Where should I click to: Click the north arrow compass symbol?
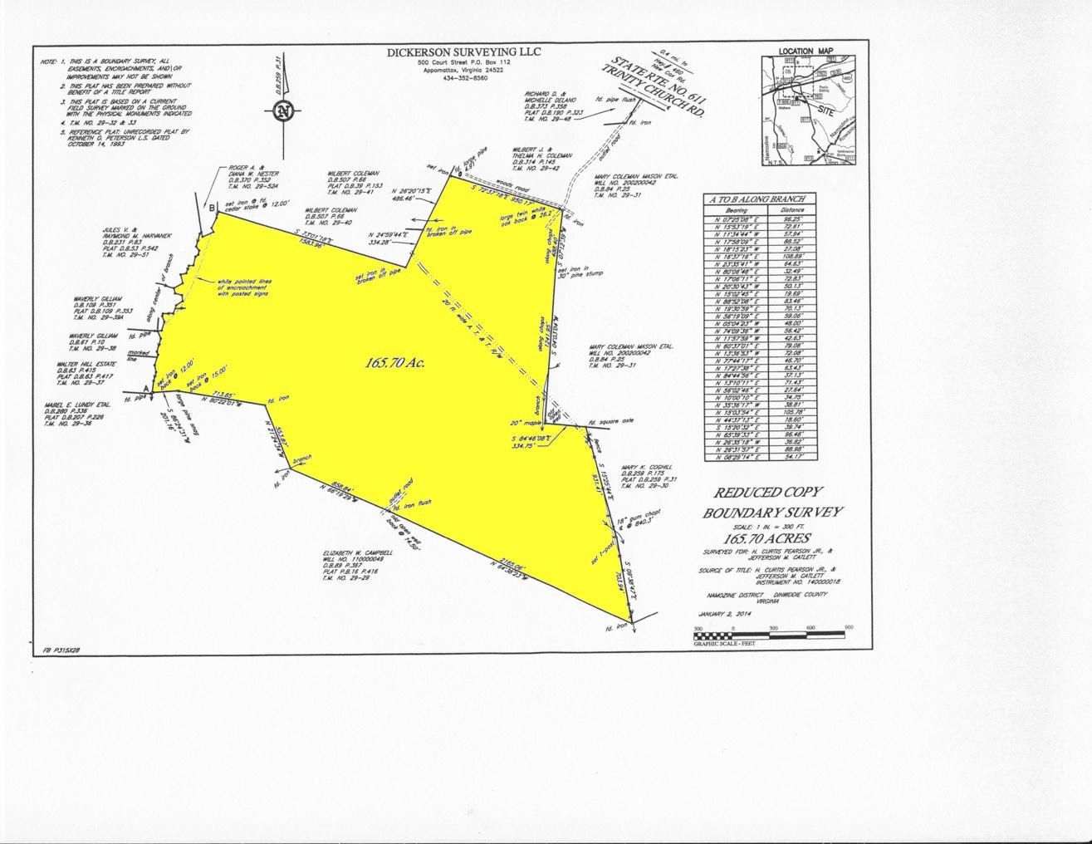pyautogui.click(x=284, y=110)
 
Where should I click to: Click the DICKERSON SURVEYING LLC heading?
pyautogui.click(x=463, y=52)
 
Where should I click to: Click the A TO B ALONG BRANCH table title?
pyautogui.click(x=760, y=199)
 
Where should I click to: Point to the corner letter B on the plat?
pyautogui.click(x=212, y=207)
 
